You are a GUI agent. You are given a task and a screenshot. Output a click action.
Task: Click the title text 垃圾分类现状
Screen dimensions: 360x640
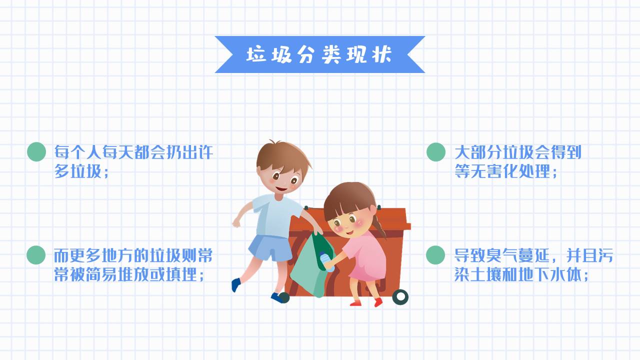click(319, 54)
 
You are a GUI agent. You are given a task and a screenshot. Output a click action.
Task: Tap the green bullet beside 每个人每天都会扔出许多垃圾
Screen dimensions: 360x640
click(36, 152)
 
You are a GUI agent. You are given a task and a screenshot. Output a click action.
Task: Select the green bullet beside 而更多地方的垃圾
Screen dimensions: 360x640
click(36, 255)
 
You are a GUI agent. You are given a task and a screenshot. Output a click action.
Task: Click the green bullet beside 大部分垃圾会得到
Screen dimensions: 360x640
click(435, 152)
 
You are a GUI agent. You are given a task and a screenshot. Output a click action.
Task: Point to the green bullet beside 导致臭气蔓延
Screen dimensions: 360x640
click(435, 255)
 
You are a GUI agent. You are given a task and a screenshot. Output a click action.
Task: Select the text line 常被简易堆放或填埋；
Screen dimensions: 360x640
click(129, 274)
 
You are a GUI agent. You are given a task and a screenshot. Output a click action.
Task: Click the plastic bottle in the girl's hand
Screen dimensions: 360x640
click(326, 261)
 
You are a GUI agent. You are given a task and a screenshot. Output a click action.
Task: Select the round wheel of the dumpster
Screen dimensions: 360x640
click(400, 297)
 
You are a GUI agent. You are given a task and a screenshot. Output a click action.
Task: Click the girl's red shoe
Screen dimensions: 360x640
click(377, 302)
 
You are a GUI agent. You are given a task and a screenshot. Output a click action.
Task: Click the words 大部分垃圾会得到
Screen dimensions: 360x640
click(517, 152)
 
